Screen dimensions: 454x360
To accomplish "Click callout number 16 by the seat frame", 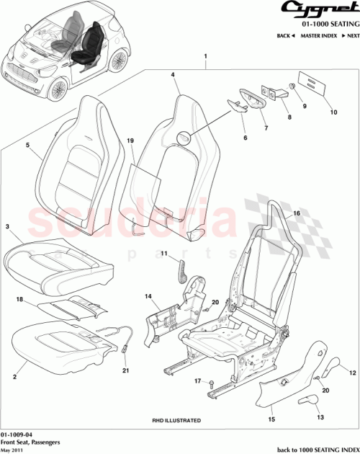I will point(295,214).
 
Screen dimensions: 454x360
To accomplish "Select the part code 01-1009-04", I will point(16,435).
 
